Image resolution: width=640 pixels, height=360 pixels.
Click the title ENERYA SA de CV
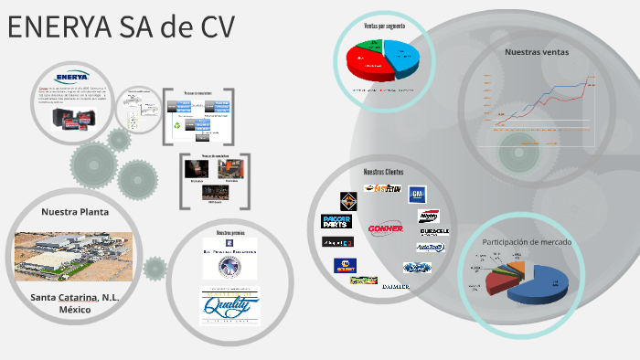(122, 27)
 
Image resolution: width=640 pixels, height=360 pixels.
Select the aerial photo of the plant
(73, 255)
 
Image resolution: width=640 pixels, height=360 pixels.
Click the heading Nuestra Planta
(75, 212)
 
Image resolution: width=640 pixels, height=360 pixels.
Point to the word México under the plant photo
(75, 310)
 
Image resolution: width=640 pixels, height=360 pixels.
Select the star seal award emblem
(229, 266)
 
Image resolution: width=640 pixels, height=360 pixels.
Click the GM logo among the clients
(417, 195)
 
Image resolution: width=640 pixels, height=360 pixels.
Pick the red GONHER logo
(386, 228)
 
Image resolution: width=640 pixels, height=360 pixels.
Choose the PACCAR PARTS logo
(336, 220)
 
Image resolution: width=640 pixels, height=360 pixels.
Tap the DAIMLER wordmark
(396, 287)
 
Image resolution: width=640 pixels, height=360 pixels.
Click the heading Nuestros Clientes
(383, 173)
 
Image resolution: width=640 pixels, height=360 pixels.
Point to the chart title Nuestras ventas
(537, 52)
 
